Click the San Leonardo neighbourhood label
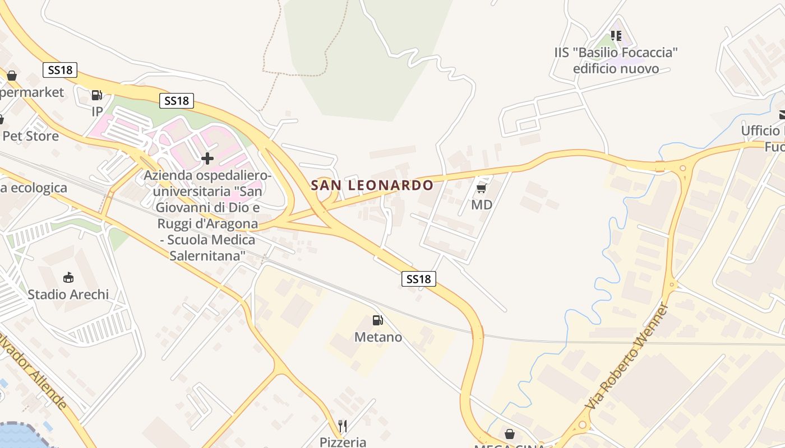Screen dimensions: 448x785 372,185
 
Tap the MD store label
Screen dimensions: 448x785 482,205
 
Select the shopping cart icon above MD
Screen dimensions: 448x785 481,188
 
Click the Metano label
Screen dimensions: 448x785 378,337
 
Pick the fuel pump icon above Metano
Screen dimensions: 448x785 378,320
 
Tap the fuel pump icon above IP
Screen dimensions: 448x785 97,95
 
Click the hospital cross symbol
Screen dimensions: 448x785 207,158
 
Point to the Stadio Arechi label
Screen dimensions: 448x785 68,295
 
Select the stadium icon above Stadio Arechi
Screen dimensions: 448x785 68,277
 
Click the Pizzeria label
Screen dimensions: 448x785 343,442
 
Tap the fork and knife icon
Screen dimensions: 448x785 343,426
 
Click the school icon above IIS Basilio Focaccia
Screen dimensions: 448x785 616,36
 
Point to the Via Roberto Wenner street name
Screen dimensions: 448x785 627,356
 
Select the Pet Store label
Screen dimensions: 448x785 31,136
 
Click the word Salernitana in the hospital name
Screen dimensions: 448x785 207,255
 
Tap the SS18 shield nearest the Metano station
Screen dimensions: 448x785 419,279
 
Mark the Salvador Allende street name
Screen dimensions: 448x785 33,370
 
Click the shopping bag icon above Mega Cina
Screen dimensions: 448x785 510,434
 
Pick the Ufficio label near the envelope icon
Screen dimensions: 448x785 761,131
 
